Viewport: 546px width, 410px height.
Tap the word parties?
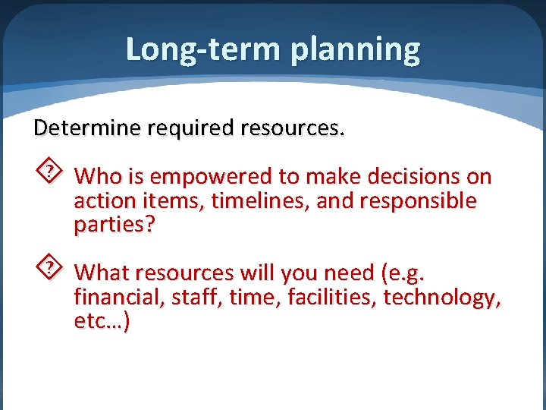coord(114,225)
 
